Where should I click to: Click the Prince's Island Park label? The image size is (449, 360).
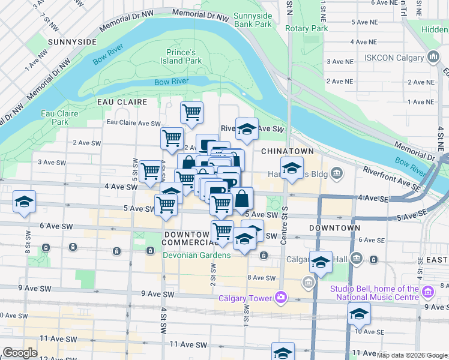coord(184,56)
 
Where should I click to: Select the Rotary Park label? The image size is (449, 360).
coord(307,28)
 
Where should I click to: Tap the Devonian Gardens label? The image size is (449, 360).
coord(196,255)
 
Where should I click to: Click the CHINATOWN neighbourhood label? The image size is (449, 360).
coord(285,152)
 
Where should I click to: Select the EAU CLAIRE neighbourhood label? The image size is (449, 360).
coord(122,102)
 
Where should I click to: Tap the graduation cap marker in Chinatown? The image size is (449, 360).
coord(292,167)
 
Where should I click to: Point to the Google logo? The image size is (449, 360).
coord(20,353)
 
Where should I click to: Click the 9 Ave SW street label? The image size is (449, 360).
coord(158,293)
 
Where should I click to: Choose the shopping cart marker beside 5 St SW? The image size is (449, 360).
coord(150,171)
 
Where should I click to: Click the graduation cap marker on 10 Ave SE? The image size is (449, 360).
coord(359,314)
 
